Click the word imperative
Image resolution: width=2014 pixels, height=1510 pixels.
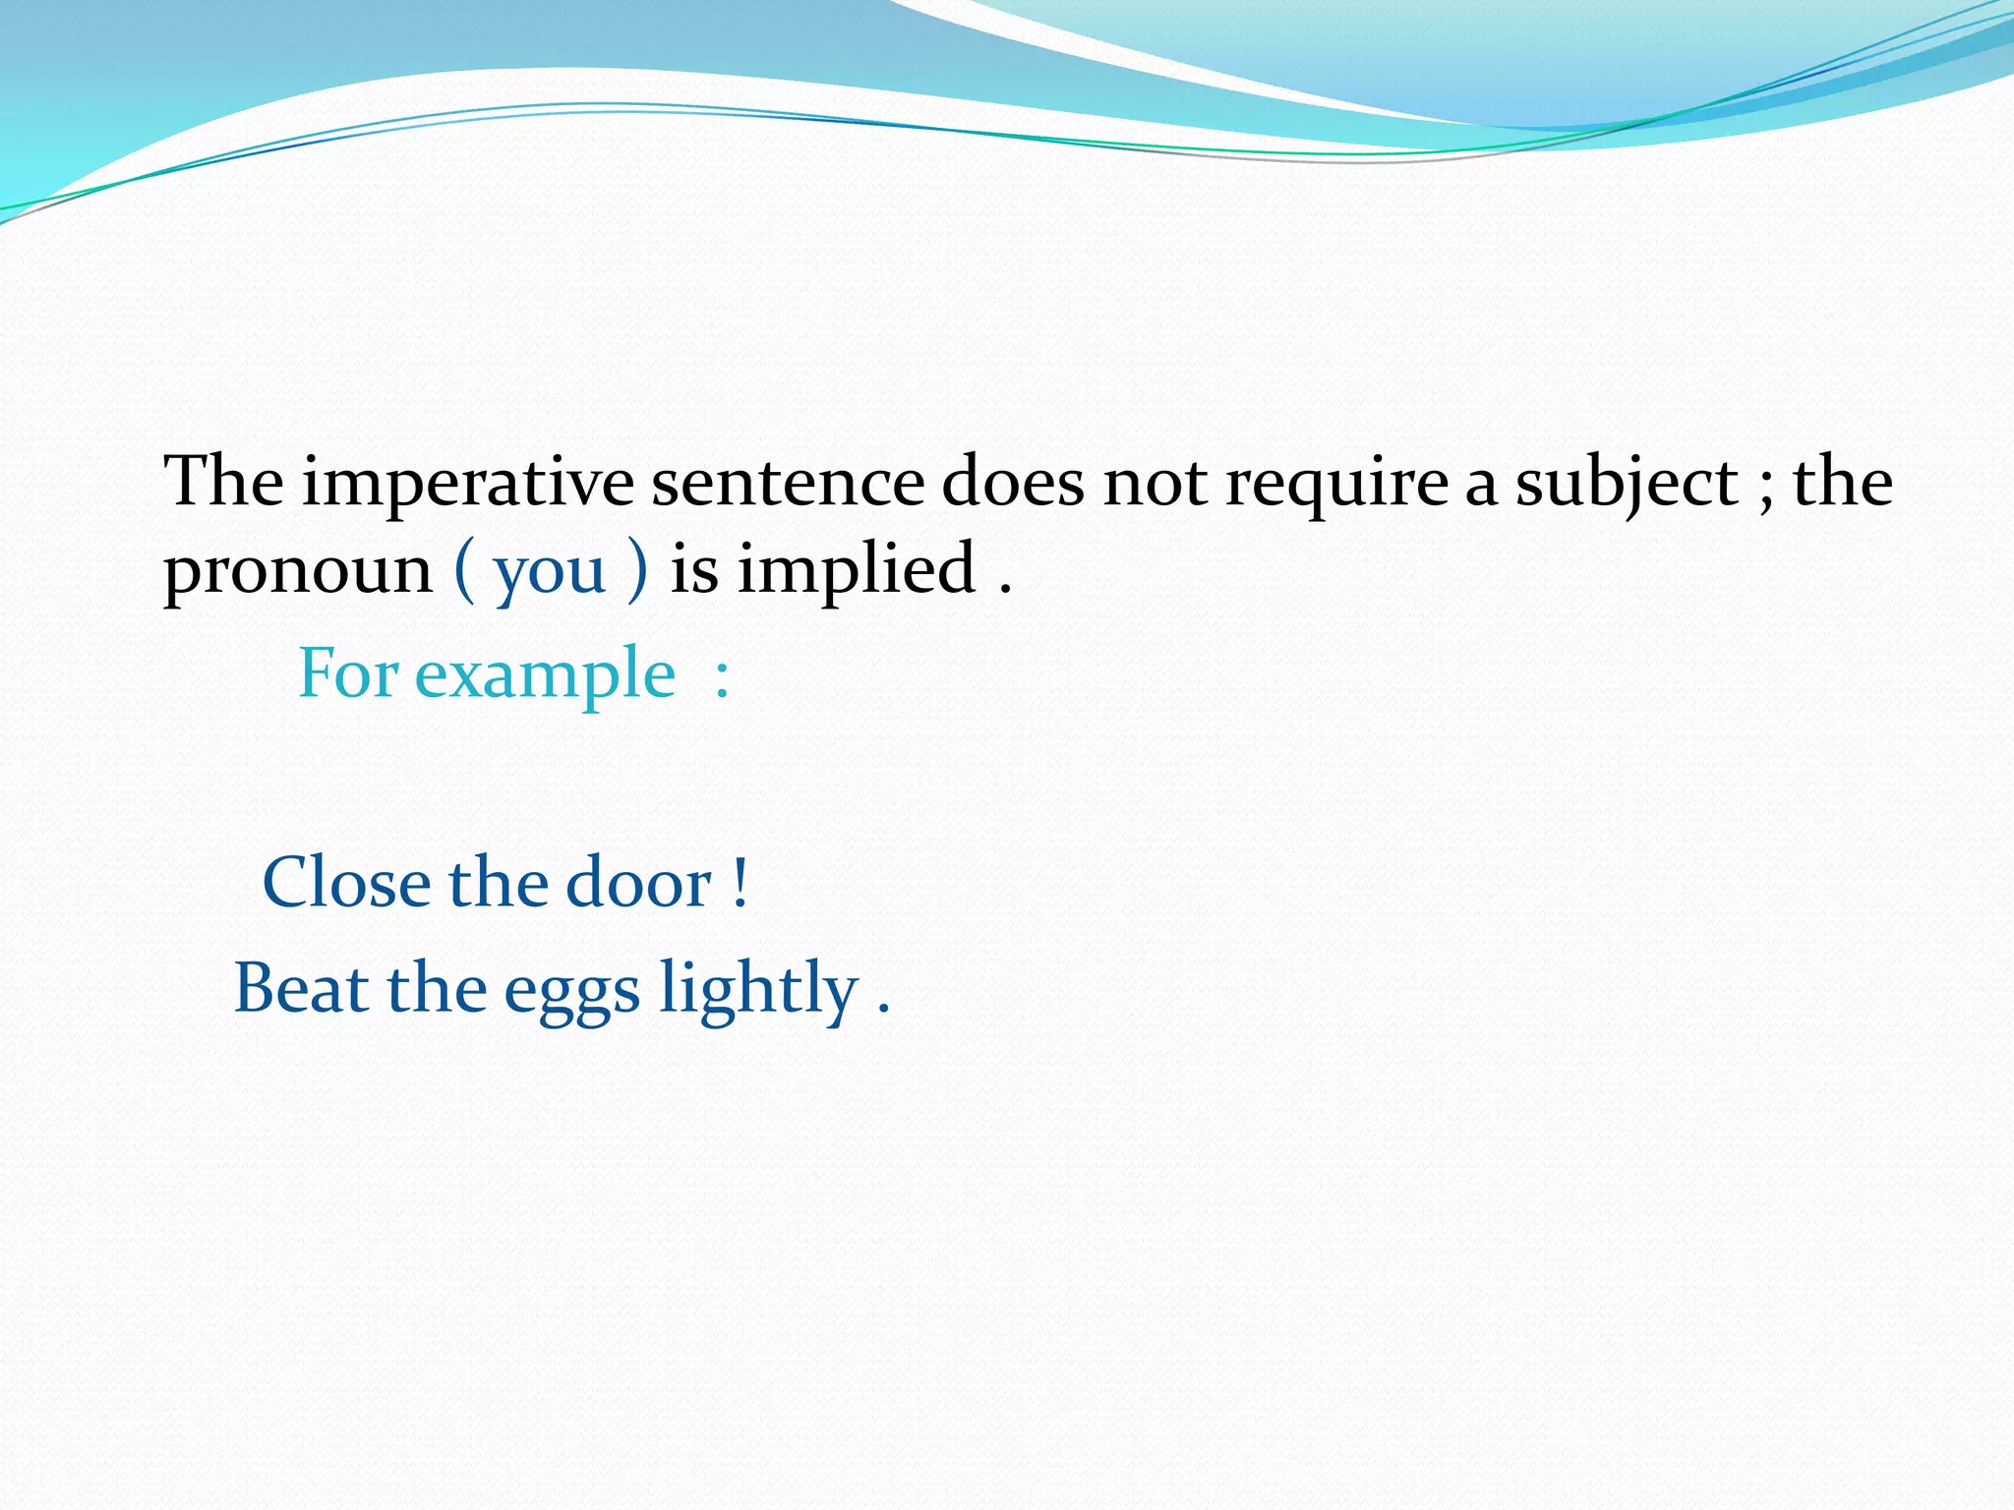[467, 484]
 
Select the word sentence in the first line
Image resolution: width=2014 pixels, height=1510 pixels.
[787, 484]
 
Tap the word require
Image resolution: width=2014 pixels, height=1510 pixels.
[1335, 484]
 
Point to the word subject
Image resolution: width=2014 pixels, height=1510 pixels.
[1626, 484]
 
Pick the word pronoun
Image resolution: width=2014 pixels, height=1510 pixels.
[297, 570]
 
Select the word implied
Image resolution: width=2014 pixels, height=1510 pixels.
[856, 570]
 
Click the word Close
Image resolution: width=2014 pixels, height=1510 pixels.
[346, 882]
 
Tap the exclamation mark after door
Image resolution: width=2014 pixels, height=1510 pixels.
[740, 882]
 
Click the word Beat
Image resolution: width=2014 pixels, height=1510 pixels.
[301, 988]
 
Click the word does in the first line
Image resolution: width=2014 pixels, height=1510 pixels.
[1012, 484]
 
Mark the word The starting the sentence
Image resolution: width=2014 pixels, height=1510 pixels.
[223, 482]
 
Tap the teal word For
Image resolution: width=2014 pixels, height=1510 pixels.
[347, 674]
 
